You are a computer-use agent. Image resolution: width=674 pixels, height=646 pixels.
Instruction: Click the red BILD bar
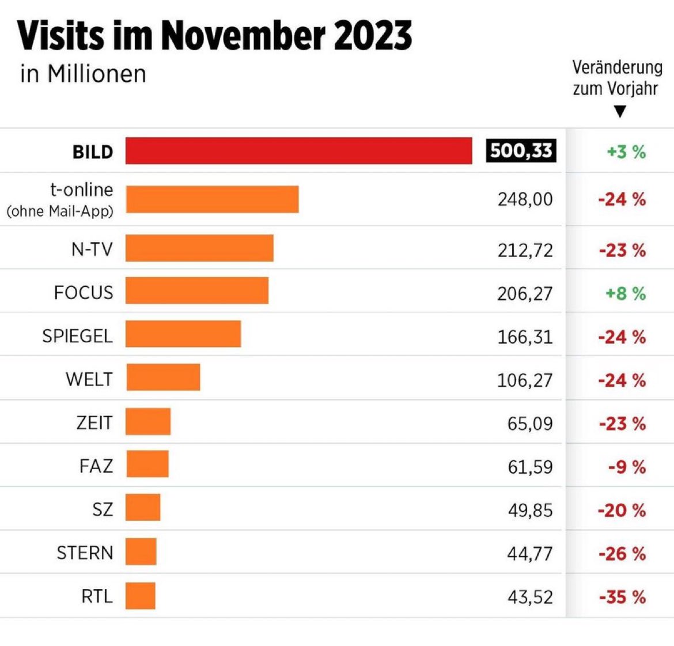coord(298,151)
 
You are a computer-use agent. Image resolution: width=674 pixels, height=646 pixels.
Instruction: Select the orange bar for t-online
coord(212,199)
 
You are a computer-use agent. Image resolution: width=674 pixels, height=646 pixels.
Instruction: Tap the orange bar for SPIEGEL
coord(183,334)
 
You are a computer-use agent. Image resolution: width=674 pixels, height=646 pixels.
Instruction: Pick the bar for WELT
coord(163,377)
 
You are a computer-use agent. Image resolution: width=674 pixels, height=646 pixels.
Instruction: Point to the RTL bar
coord(141,596)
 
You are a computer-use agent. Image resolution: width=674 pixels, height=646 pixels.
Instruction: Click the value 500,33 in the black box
coord(521,151)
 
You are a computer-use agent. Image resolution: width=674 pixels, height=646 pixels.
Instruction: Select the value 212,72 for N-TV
coord(525,250)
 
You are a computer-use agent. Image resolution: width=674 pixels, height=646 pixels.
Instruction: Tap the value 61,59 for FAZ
coord(530,466)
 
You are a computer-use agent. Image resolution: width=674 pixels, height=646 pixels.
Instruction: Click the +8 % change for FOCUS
coord(625,293)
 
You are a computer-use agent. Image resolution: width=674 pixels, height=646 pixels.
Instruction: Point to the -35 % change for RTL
coord(622,597)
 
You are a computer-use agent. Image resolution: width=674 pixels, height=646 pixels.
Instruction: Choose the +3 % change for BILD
coord(626,152)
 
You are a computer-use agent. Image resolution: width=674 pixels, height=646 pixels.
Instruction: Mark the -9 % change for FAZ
coord(627,467)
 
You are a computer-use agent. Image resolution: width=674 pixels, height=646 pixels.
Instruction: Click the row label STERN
coord(85,553)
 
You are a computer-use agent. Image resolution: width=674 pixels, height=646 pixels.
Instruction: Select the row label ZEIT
coord(94,423)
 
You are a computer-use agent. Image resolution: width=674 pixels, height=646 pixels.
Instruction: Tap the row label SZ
coord(103,510)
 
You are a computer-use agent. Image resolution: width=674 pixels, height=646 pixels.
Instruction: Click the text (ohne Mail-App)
coord(60,211)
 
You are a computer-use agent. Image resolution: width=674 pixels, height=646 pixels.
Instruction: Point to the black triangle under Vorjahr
coord(620,111)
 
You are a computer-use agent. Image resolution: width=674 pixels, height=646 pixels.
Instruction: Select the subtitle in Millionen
coord(83,74)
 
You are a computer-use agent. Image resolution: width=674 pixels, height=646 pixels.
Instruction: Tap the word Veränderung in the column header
coord(617,67)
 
